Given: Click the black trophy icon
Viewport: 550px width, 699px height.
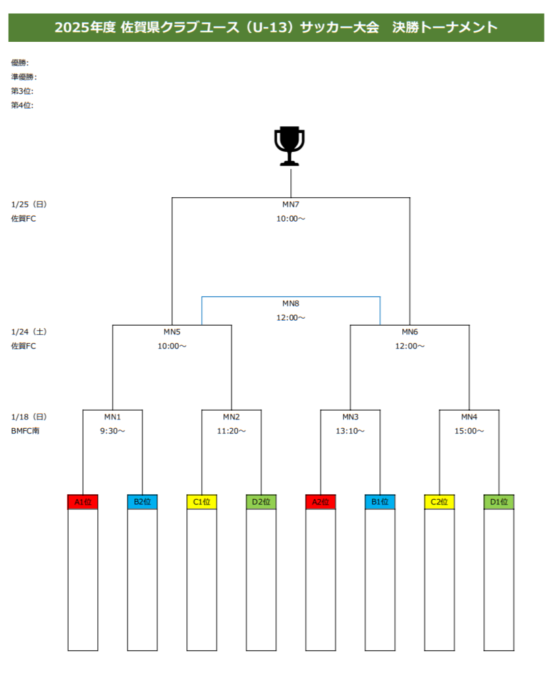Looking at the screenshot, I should pos(290,146).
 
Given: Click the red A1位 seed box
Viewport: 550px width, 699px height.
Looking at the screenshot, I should pos(83,502).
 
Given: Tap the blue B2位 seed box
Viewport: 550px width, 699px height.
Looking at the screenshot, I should pos(142,502).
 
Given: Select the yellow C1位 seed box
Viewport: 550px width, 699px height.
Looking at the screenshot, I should pos(202,502).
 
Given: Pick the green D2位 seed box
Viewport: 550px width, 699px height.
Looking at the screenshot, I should pos(261,502).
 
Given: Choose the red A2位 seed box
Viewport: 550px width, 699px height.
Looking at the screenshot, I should pos(321,502).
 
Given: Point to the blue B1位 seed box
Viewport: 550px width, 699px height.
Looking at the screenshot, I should pos(380,502).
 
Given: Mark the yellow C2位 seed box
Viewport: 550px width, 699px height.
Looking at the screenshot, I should pos(439,502).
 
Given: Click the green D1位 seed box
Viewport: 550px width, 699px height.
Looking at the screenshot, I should pos(499,502).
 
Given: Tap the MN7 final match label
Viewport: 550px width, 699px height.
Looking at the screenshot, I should pos(291,204).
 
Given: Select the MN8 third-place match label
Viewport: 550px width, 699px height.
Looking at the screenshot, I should pos(291,303).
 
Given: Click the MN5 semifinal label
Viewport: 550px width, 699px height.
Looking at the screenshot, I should pos(172,332).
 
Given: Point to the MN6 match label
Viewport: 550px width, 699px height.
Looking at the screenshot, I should pos(410,332).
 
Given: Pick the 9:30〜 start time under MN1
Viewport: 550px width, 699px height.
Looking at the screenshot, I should pos(113,431).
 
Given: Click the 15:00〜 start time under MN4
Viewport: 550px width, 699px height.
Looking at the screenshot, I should pos(469,431).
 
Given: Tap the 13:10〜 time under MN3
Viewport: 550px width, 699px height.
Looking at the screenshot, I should pos(350,431).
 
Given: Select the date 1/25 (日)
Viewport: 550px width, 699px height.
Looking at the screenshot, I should pos(29,204).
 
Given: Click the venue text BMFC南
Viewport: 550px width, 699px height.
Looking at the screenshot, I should pos(25,431).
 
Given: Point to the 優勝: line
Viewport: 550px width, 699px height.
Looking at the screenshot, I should pos(20,63).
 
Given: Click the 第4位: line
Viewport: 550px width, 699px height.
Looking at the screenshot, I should pos(22,105).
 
